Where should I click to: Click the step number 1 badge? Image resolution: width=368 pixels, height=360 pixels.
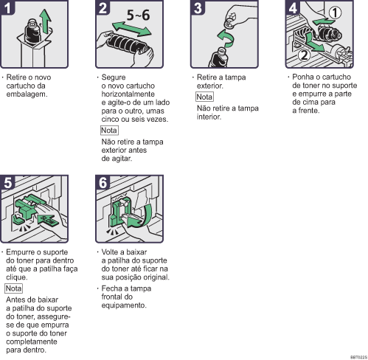(x=7, y=7)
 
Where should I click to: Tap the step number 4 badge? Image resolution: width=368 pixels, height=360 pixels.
(x=293, y=7)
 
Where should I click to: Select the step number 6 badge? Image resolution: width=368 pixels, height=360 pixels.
(x=103, y=182)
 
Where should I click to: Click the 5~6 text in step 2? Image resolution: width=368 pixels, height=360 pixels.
(x=138, y=15)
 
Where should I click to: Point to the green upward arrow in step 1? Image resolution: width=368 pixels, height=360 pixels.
(x=45, y=21)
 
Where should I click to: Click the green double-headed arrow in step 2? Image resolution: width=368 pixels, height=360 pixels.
(x=131, y=29)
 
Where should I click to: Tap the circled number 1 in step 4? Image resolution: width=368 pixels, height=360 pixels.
(x=335, y=13)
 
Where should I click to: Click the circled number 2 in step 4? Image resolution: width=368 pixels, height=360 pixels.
(x=305, y=55)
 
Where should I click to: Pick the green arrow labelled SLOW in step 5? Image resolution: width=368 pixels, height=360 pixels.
(x=48, y=220)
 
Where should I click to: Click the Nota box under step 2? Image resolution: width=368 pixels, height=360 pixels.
(x=109, y=131)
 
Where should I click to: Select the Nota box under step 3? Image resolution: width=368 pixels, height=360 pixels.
(x=204, y=97)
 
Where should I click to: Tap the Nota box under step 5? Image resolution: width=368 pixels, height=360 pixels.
(x=13, y=288)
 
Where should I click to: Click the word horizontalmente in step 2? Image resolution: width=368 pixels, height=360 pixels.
(x=128, y=94)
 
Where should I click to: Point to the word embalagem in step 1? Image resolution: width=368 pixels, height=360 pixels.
(x=27, y=94)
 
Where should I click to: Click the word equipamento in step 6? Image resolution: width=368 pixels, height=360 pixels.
(x=124, y=305)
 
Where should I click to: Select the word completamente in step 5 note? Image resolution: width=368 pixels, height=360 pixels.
(x=32, y=342)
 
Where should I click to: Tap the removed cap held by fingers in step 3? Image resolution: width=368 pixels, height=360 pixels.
(x=230, y=21)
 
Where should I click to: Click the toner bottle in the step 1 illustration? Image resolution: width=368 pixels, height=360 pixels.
(x=33, y=32)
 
